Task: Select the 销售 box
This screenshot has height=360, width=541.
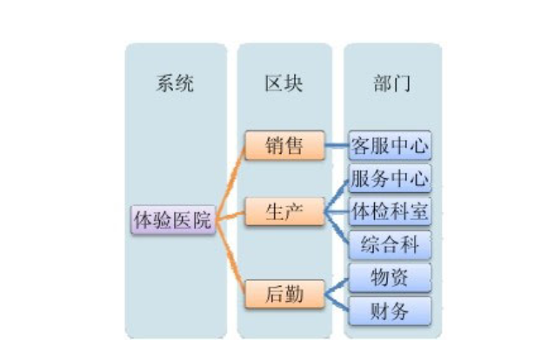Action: [x=284, y=145]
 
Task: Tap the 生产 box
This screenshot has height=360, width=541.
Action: [x=284, y=211]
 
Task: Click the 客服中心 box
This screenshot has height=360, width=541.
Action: [x=390, y=144]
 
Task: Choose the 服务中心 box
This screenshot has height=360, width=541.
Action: [x=390, y=178]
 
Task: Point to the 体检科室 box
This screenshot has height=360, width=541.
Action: [x=390, y=211]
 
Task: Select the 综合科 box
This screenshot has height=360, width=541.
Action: [x=390, y=244]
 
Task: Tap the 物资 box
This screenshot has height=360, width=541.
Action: [x=390, y=277]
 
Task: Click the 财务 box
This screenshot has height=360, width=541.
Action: [x=390, y=310]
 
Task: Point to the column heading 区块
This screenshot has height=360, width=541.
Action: [x=284, y=83]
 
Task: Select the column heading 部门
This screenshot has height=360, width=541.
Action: [x=391, y=83]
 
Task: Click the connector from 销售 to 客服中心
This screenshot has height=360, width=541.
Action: [x=336, y=145]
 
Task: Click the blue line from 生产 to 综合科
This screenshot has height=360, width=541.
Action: [x=336, y=230]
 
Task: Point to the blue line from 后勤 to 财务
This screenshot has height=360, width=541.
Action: [x=335, y=302]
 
